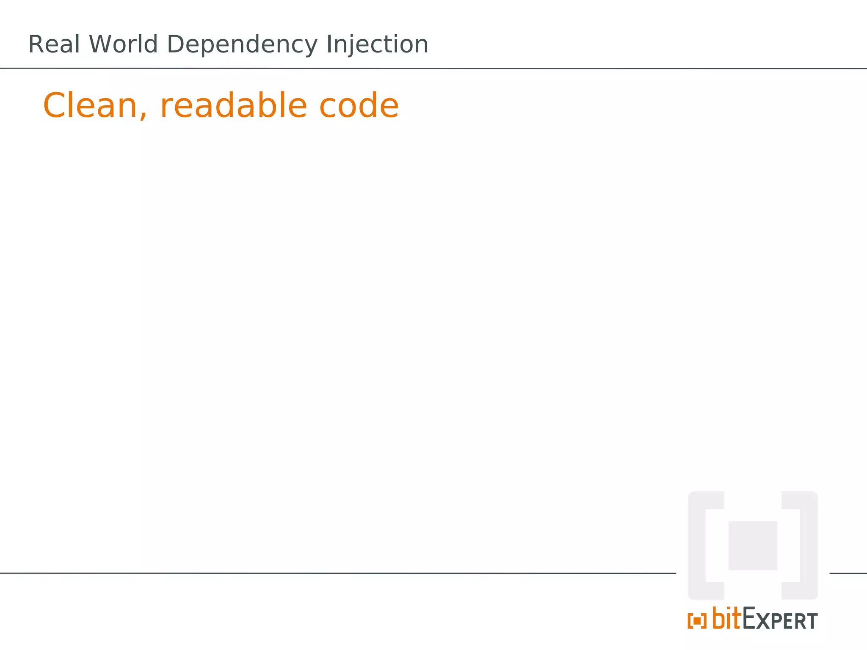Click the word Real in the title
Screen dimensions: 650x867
point(54,44)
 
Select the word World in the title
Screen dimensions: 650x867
point(123,44)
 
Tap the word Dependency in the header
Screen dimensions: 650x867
point(242,45)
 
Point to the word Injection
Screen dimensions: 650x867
point(377,45)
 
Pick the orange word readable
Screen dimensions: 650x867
point(233,105)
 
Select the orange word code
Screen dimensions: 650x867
point(359,105)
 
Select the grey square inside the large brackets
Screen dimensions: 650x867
point(753,545)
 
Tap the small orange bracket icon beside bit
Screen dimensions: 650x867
point(697,621)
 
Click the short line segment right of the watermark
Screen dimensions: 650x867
point(848,573)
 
